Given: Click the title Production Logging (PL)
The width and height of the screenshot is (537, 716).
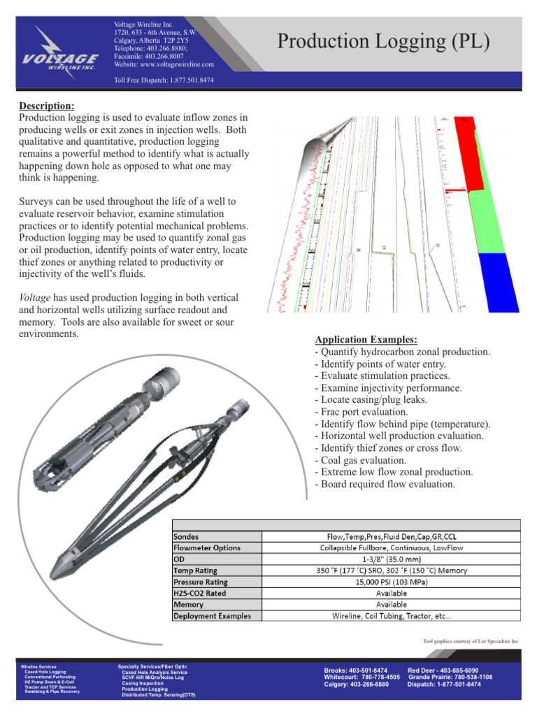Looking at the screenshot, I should [383, 41].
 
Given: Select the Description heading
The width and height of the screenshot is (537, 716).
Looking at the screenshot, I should [46, 106].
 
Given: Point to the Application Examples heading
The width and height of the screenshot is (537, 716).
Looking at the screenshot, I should [366, 340].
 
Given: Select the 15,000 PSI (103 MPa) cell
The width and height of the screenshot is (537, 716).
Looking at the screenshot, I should [392, 582].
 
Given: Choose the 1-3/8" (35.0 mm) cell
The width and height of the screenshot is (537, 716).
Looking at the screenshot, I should [392, 559].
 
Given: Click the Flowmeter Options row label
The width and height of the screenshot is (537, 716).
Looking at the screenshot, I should [207, 547].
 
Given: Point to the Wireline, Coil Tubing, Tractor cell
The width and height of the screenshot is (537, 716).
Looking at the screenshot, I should [392, 616].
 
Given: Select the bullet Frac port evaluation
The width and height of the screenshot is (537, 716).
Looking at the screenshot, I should [361, 413].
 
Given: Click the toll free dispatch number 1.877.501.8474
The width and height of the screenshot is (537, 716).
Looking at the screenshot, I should [192, 80].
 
